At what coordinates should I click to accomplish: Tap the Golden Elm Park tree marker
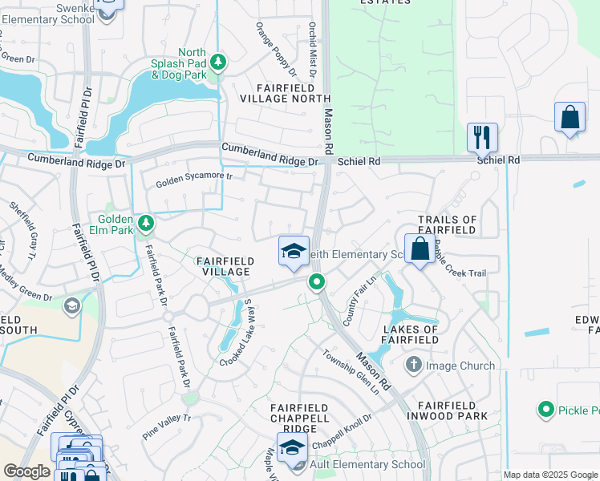click(145, 222)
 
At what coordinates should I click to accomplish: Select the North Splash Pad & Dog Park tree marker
click(217, 61)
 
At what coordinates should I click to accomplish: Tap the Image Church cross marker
click(413, 366)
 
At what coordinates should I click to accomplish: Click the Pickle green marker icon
click(546, 410)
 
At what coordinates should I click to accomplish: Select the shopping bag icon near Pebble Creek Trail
click(420, 249)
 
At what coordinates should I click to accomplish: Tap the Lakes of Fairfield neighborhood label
click(411, 334)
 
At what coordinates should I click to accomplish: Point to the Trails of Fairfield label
click(448, 224)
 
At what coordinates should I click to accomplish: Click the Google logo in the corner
click(26, 471)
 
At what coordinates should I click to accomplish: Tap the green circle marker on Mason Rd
click(317, 282)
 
